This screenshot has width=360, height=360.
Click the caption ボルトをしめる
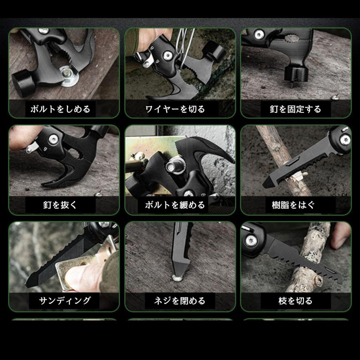click(60, 109)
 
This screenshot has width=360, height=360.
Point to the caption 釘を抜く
click(60, 205)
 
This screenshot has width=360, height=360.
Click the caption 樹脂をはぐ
click(296, 205)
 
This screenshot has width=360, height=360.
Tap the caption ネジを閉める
click(180, 300)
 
